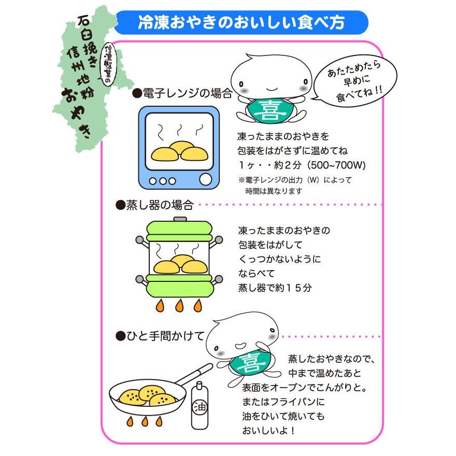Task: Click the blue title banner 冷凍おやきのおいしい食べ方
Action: [x=241, y=23]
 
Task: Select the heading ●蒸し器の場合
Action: [x=154, y=205]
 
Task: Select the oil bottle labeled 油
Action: [x=199, y=407]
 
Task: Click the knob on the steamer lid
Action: [x=179, y=219]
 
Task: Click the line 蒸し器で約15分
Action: [x=275, y=288]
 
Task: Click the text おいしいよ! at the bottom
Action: [x=270, y=430]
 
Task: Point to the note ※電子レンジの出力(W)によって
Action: [x=295, y=180]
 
